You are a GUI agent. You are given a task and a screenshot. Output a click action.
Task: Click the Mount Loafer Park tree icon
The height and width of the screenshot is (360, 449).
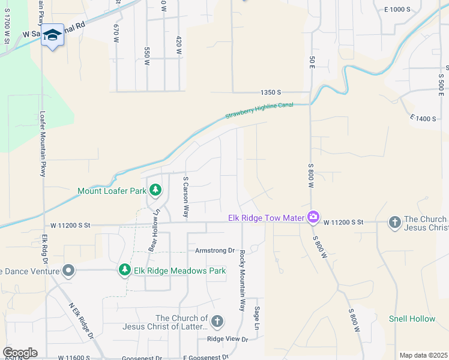[x=155, y=191]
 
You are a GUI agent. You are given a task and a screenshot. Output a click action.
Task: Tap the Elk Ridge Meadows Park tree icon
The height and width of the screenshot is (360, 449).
[x=125, y=271]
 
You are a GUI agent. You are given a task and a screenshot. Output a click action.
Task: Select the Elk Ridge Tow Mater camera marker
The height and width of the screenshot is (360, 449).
[x=313, y=217]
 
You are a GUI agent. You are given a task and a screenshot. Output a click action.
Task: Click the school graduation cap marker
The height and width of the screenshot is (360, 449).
[x=52, y=35]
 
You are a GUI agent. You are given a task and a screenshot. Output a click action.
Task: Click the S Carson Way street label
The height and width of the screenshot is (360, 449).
[x=186, y=197]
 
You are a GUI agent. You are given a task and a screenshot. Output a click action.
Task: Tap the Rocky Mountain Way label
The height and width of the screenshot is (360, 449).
[x=243, y=280]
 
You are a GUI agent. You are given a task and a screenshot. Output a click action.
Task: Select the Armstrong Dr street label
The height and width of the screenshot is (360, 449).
[x=214, y=250]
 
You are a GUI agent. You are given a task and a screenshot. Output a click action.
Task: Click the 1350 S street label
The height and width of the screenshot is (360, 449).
[x=271, y=92]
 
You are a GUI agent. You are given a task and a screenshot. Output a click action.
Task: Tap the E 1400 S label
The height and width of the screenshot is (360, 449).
[x=423, y=119]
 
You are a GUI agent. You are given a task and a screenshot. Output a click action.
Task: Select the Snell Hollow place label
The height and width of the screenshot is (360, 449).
[x=412, y=319]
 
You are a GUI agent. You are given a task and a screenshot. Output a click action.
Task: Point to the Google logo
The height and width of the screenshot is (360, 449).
[x=20, y=353]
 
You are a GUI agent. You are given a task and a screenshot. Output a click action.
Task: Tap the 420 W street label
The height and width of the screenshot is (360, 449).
[x=179, y=46]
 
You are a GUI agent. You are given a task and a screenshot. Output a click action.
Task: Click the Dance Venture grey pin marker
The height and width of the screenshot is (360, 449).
[x=68, y=271]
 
